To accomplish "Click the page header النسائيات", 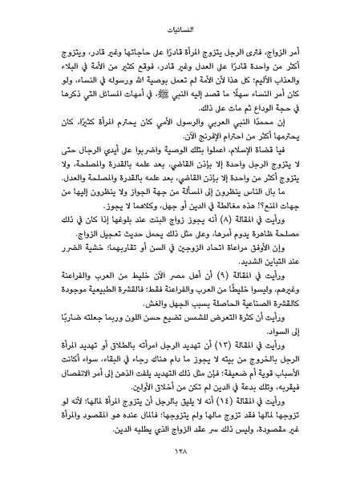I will coord(180,12).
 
